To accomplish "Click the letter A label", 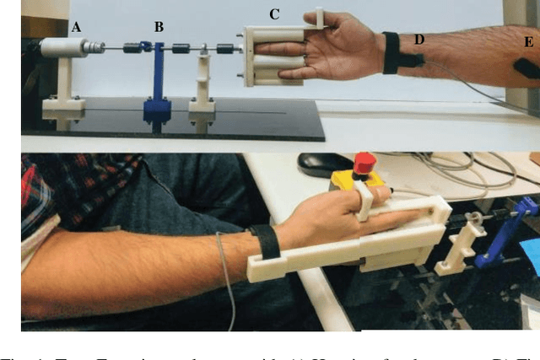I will tap(77, 27).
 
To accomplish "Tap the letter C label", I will tap(275, 13).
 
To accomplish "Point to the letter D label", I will tap(419, 38).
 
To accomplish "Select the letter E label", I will tap(529, 40).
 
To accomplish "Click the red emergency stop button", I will tap(365, 162).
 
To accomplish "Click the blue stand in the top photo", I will tap(158, 84).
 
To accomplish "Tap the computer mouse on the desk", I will tap(313, 164).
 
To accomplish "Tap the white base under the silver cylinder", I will tap(62, 105).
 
